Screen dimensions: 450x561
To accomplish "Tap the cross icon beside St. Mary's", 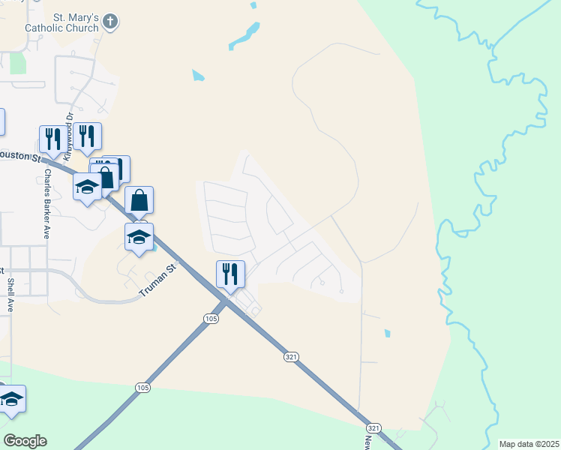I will [x=110, y=22].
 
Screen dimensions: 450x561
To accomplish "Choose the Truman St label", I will [x=160, y=279].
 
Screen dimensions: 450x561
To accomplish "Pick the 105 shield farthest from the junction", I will [x=142, y=387].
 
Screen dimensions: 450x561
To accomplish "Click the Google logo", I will [x=25, y=441].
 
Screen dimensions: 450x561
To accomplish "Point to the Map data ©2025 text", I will [x=529, y=444].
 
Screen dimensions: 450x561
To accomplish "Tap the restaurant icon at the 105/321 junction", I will [x=230, y=274].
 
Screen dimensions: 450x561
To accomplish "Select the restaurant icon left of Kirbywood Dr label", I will [x=52, y=138].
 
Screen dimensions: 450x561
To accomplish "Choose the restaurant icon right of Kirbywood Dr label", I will [x=88, y=136].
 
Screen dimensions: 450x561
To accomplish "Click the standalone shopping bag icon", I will [x=139, y=200].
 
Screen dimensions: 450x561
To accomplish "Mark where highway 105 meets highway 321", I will [x=224, y=301].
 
